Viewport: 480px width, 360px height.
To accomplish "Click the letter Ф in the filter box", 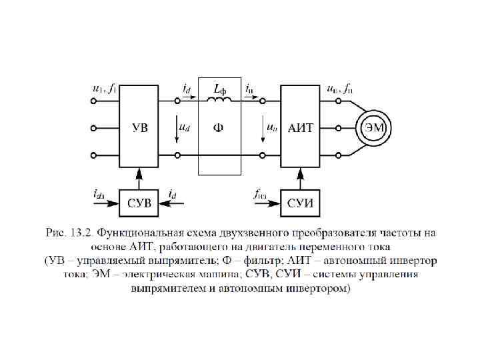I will [x=218, y=129].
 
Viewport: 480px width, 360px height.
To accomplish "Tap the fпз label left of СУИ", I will [x=261, y=195].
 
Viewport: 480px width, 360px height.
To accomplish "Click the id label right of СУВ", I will [x=173, y=195].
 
